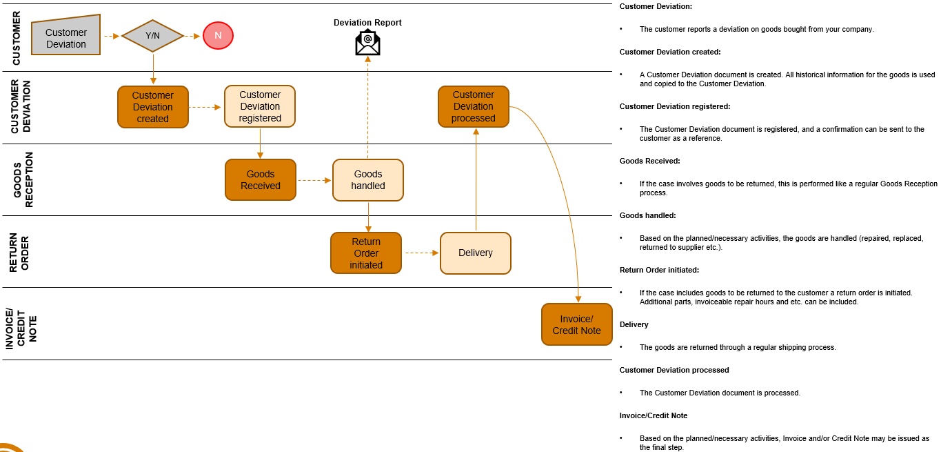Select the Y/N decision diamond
[152, 35]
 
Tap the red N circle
[218, 35]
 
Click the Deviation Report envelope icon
[367, 43]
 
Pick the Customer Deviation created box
[152, 107]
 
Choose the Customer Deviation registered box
[260, 106]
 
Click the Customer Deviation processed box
[473, 106]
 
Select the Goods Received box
[260, 180]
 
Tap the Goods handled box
[368, 180]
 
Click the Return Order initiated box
[365, 253]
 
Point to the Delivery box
[476, 253]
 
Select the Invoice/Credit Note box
[577, 324]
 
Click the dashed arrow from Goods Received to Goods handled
[314, 181]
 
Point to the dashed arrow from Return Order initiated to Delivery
[421, 253]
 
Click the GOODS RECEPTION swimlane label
[23, 179]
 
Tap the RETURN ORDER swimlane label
[19, 252]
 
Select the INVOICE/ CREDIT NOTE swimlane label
[21, 324]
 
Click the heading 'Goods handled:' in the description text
[647, 215]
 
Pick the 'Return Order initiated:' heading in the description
[659, 270]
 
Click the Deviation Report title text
[367, 23]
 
